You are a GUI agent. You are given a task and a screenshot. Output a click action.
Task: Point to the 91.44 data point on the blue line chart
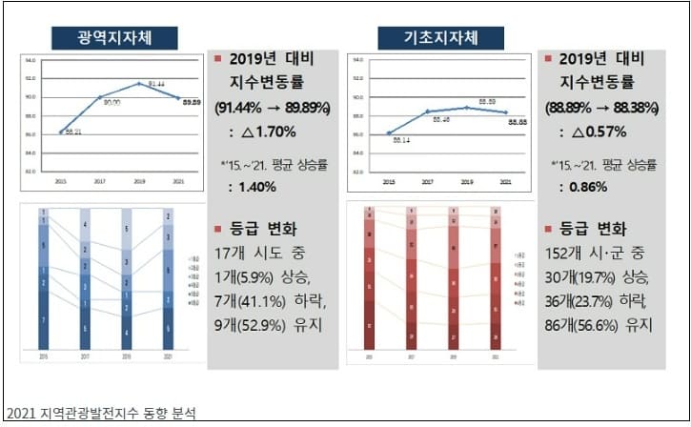click(x=139, y=84)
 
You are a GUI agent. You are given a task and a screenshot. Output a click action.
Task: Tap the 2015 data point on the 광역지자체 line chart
click(x=61, y=132)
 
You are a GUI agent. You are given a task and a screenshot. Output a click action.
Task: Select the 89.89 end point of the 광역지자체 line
click(x=178, y=97)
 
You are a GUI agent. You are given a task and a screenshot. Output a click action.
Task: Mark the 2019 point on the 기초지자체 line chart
click(x=466, y=108)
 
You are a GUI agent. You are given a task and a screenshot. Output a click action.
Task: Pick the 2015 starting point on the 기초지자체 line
click(x=389, y=132)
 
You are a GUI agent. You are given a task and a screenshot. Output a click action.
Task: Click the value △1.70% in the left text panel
click(x=268, y=131)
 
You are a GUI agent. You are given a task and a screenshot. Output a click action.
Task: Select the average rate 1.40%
click(x=251, y=186)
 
